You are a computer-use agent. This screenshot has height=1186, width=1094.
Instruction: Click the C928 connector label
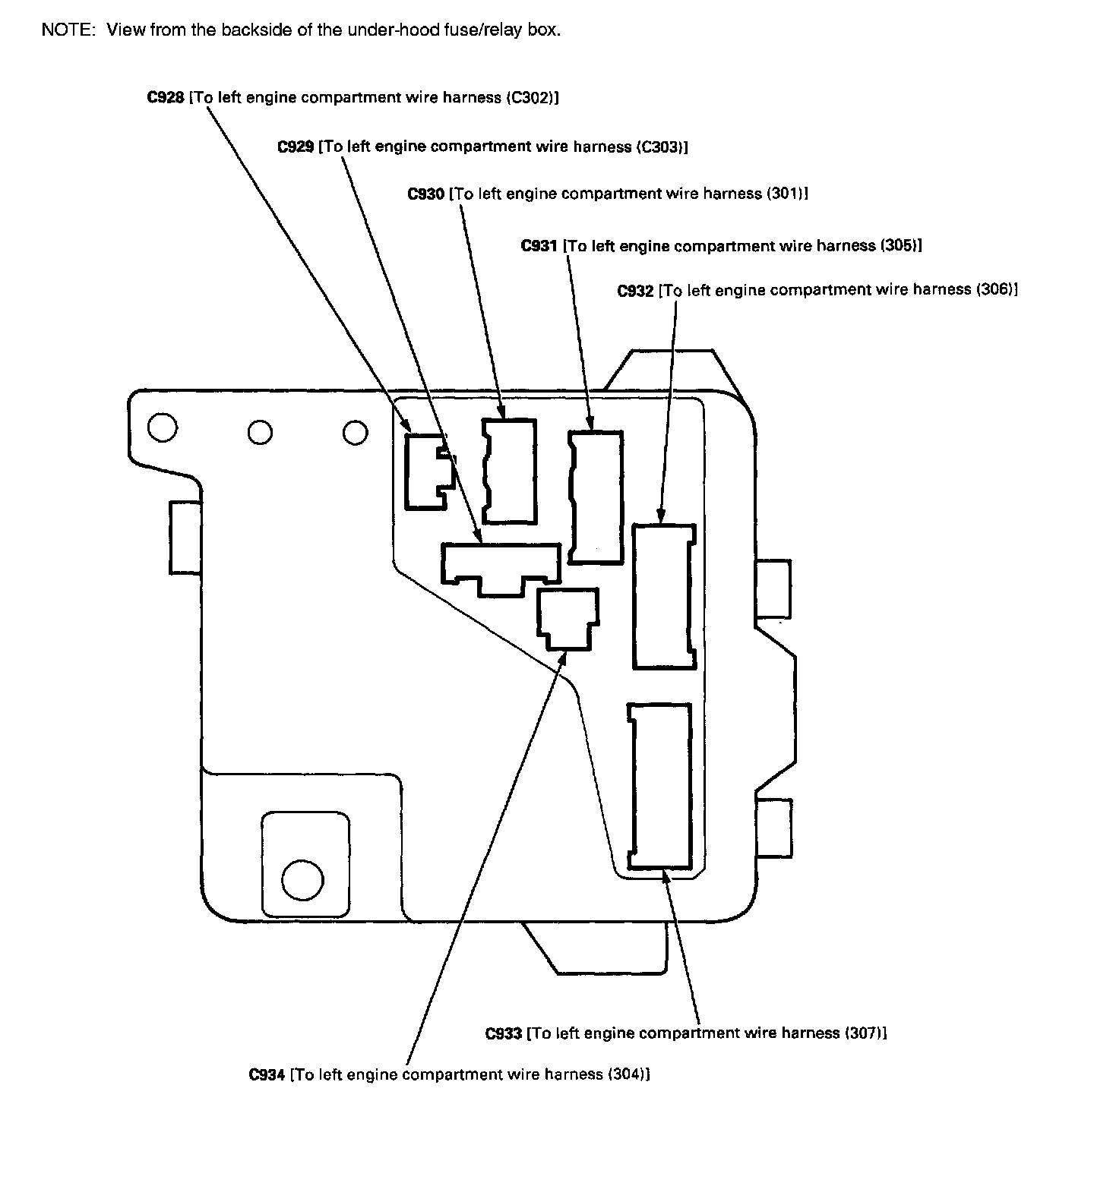tap(166, 98)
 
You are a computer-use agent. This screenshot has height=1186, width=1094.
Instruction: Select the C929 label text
tap(296, 147)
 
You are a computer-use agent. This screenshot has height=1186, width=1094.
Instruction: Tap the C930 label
tap(426, 194)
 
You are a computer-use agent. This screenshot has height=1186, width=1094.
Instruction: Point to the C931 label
tap(539, 246)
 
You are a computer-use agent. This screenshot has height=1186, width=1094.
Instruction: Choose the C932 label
tap(635, 290)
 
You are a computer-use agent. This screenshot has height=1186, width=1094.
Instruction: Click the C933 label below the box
tap(503, 1033)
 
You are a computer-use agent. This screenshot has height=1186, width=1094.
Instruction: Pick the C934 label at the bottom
tap(267, 1074)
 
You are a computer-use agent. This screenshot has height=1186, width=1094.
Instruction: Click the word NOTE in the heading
tap(63, 30)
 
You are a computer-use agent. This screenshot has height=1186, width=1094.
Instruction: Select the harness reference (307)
tap(864, 1033)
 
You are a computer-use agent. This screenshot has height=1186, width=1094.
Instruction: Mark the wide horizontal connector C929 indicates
tap(501, 566)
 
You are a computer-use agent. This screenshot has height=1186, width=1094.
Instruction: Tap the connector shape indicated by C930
tap(510, 472)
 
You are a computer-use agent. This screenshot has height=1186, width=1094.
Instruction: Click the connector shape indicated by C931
tap(596, 497)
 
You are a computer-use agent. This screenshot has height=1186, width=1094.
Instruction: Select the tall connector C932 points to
tap(664, 596)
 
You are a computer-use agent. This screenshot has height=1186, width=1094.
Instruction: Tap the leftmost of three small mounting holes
tap(163, 428)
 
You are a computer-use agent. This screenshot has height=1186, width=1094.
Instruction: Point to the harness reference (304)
tap(628, 1074)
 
